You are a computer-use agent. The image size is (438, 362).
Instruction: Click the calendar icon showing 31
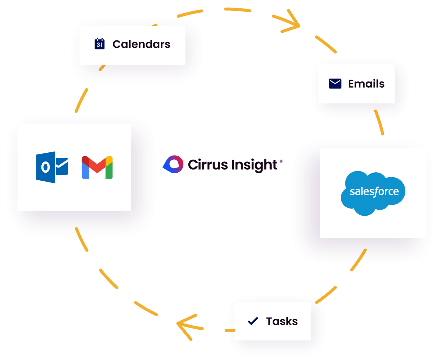pos(99,44)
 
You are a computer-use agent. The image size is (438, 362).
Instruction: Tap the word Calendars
pos(141,44)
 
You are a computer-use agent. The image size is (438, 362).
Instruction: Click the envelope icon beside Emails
pos(335,84)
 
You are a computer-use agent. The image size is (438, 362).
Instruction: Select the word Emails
pos(366,84)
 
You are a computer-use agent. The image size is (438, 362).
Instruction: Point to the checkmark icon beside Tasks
pos(253,321)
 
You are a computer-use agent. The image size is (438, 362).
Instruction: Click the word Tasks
pos(282,321)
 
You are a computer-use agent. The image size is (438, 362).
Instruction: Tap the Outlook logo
pos(52,167)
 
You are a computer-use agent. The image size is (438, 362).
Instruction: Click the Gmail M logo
pos(97,167)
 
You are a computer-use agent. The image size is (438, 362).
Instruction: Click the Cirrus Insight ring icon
pos(173,164)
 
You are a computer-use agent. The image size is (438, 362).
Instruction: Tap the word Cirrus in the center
pos(203,164)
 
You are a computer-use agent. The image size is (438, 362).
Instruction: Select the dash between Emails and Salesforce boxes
pos(379,122)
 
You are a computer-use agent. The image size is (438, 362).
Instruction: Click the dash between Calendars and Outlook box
pos(81,100)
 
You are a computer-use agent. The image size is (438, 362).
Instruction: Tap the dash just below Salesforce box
pos(358,260)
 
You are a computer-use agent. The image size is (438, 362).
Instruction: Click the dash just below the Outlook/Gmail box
pos(82,239)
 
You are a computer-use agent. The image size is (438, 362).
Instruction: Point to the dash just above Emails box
pos(326,44)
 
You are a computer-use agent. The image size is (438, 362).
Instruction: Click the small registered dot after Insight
pos(281,161)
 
